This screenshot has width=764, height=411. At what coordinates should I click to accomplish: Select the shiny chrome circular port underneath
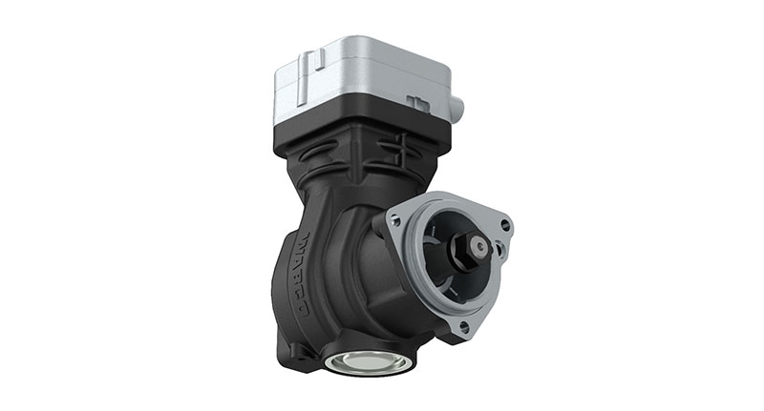pos(369,362)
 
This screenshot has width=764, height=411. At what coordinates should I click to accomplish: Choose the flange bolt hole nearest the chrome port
pos(464,325)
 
